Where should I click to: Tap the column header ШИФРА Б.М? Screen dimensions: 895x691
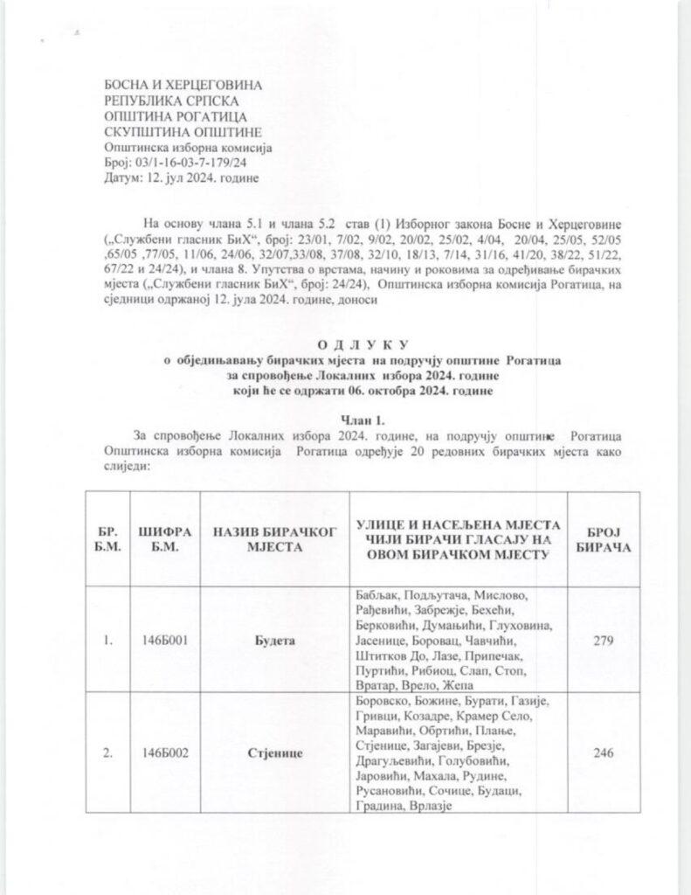tap(164, 538)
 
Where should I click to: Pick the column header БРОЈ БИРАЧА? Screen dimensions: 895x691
tap(602, 538)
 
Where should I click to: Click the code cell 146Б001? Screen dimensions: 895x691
tap(164, 641)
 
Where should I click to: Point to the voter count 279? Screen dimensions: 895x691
tap(602, 641)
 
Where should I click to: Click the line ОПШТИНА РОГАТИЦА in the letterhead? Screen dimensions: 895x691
tap(162, 115)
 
